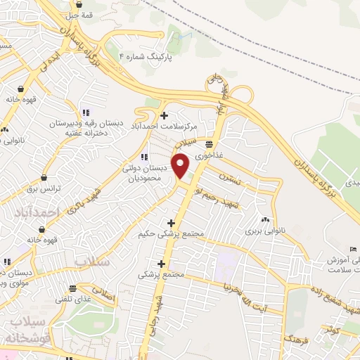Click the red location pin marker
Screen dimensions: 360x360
point(181,165)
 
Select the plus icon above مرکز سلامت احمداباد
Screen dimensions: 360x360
point(164,115)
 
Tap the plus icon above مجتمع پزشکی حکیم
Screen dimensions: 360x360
point(172,222)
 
